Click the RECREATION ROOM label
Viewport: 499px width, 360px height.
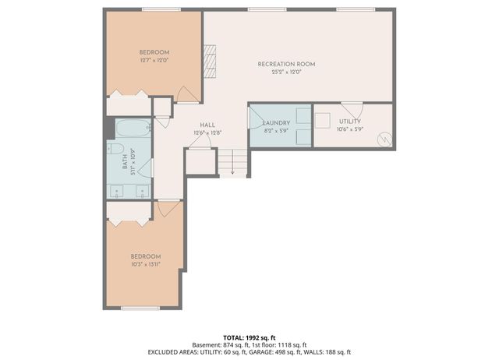click(286, 64)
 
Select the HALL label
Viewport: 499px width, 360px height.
click(207, 125)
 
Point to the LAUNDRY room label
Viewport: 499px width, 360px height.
click(277, 122)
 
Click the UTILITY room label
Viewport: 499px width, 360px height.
click(349, 122)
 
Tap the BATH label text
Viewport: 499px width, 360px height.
click(125, 163)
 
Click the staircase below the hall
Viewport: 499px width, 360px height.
click(232, 162)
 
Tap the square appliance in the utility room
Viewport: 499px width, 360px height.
click(323, 121)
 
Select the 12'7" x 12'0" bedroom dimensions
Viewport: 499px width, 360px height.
click(154, 59)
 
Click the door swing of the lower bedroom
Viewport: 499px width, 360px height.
click(169, 209)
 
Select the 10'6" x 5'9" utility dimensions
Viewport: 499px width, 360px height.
click(349, 131)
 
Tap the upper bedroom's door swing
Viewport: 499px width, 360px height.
click(187, 94)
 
